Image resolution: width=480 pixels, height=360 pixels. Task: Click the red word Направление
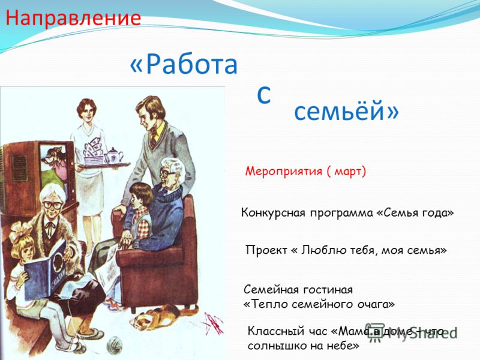(x=73, y=19)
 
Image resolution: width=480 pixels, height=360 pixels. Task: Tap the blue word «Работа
(x=184, y=65)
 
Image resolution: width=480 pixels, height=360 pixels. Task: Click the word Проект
(x=266, y=250)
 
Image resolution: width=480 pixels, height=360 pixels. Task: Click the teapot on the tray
(x=113, y=156)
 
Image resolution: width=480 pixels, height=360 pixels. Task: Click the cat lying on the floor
(x=159, y=316)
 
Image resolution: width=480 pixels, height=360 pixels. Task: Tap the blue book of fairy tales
(x=46, y=269)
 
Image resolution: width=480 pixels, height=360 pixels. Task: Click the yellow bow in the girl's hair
(x=19, y=230)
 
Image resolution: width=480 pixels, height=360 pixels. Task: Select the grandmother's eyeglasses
(x=52, y=205)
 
